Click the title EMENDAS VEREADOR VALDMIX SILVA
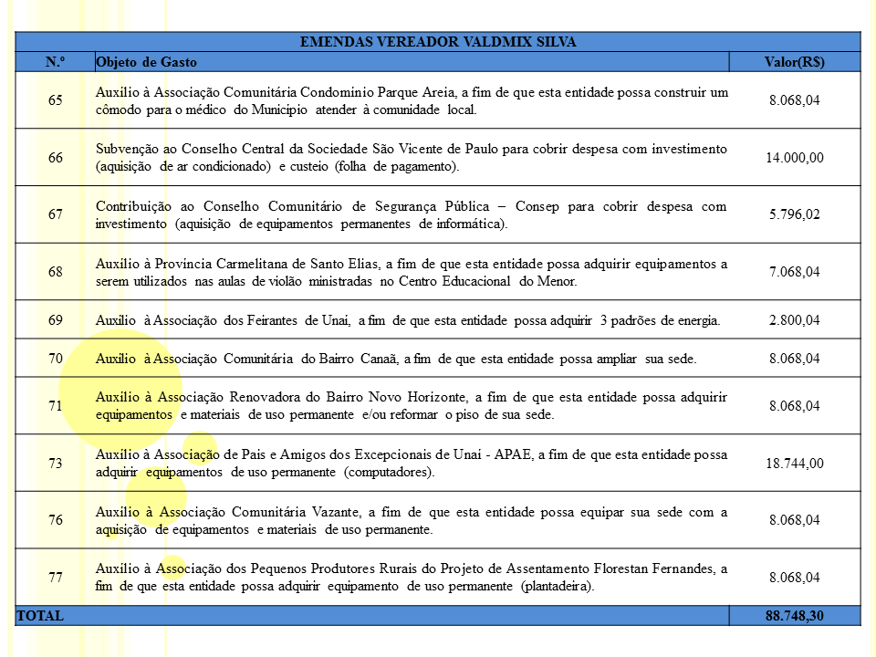[x=438, y=42]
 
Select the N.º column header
[x=55, y=62]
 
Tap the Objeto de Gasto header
[x=146, y=62]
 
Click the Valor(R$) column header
[x=794, y=62]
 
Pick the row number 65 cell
[x=56, y=100]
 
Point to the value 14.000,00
[x=794, y=158]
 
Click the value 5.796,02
[x=794, y=214]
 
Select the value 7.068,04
[x=794, y=272]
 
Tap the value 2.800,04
[x=794, y=320]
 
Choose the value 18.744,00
[x=794, y=464]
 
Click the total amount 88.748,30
[x=794, y=616]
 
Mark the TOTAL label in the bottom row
[x=40, y=616]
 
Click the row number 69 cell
[x=56, y=320]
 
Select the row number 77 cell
[x=56, y=578]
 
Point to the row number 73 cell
[x=56, y=464]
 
